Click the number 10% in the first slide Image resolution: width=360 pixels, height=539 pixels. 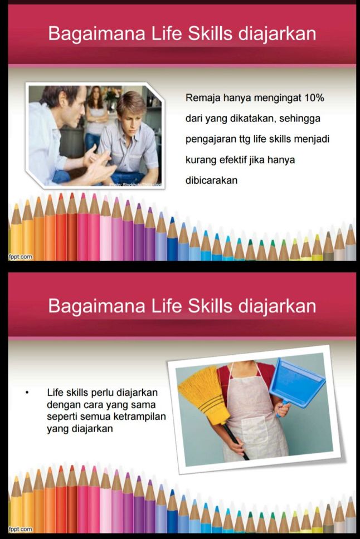(x=314, y=98)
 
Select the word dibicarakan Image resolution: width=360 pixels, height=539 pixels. (x=211, y=180)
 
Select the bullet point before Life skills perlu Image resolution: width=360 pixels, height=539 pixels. (x=27, y=393)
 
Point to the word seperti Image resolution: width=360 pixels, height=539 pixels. (x=60, y=417)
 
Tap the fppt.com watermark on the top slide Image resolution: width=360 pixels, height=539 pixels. (x=20, y=257)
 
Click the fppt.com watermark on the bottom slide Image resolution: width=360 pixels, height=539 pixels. (x=20, y=529)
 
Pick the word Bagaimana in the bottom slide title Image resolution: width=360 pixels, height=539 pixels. (x=97, y=306)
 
